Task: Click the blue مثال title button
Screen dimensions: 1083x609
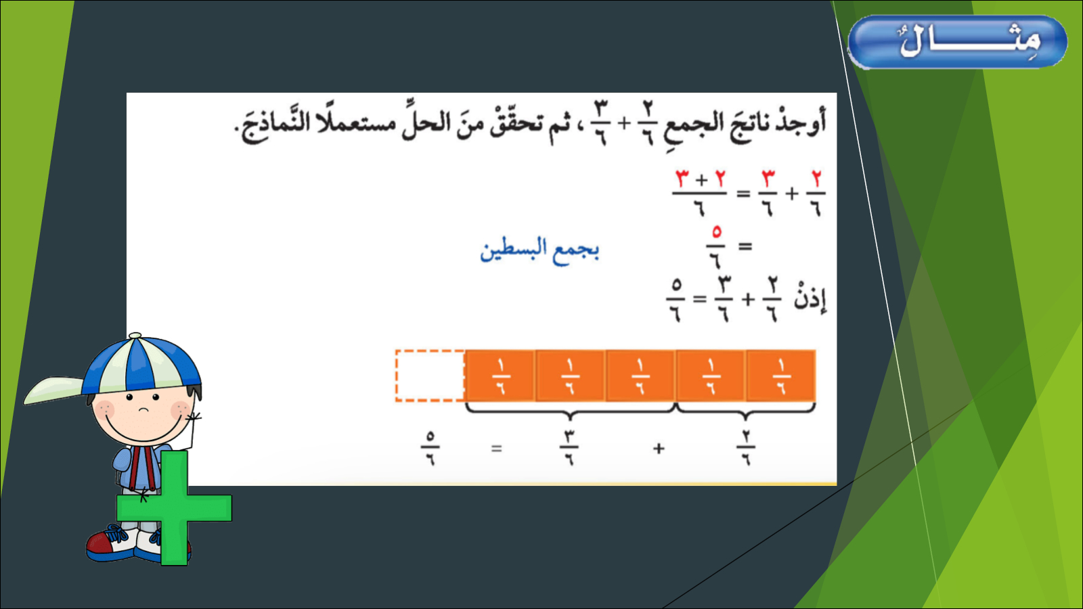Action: (957, 41)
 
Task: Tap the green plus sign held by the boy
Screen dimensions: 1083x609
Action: (174, 507)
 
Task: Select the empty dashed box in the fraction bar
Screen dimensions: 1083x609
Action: (430, 376)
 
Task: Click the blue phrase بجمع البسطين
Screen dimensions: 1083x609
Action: (539, 250)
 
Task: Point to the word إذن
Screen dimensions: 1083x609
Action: (810, 298)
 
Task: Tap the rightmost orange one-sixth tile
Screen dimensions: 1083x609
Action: (781, 376)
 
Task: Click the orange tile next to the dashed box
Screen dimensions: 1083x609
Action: (500, 376)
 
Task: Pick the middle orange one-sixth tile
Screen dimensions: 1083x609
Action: (640, 376)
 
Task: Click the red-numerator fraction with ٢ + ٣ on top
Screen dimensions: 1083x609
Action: (700, 194)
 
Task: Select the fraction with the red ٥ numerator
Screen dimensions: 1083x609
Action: (716, 247)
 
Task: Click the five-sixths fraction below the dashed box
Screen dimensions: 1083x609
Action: (430, 448)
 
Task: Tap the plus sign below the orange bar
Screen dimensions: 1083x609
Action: (659, 449)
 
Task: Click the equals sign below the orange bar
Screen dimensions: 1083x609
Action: (497, 449)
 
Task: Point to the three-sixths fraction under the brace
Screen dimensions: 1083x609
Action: (569, 448)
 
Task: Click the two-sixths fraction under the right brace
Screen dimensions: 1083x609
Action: (746, 448)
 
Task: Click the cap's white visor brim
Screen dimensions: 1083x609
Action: (54, 390)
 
